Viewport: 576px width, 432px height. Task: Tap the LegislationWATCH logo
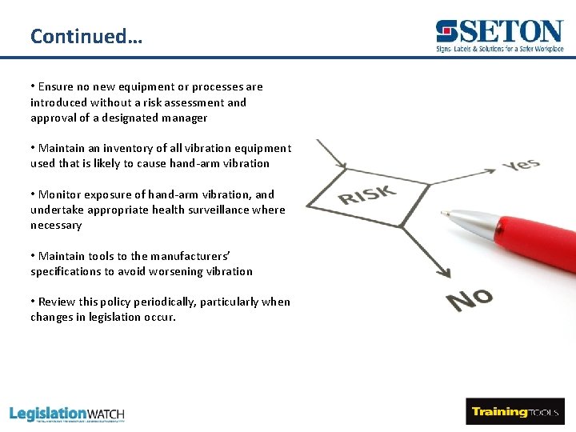coord(67,414)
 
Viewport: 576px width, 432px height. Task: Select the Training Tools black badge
coord(514,412)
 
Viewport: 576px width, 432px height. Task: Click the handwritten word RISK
coord(367,194)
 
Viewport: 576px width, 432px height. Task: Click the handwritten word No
coord(470,299)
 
